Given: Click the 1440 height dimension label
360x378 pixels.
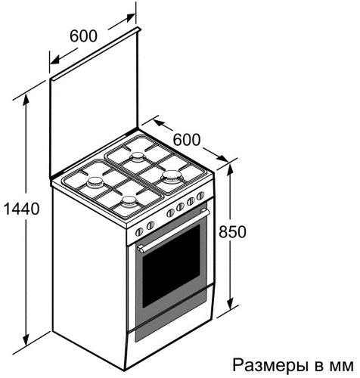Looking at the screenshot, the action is pos(22,209).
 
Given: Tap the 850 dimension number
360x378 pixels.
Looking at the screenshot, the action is pos(232,231).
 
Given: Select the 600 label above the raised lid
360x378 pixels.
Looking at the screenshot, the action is pos(83,36).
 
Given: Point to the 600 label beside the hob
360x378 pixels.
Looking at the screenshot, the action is pos(187,139).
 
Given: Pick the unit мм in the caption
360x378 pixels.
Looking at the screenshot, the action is pos(342,367).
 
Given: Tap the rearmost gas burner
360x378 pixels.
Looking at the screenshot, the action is pos(138,156).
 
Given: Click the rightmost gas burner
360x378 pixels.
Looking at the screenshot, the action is pos(172,176).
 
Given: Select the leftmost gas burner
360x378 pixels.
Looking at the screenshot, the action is pos(95,182).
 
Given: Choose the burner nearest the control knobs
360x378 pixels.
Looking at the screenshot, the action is pos(129,201).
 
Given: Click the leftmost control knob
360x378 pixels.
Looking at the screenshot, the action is pos(139,231).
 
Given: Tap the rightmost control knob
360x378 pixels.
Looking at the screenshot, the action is pos(200,196).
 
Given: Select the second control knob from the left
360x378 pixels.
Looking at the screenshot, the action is pos(151,225).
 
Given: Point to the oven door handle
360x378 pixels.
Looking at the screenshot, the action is pos(174,230).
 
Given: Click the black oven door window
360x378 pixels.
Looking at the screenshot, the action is pos(171,266).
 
